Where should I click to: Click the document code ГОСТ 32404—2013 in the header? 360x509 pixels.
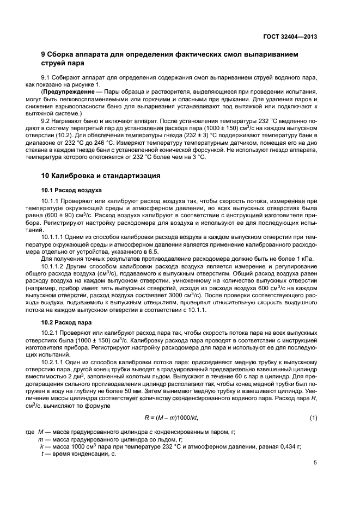pos(291,38)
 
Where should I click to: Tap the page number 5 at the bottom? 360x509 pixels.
pos(315,463)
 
